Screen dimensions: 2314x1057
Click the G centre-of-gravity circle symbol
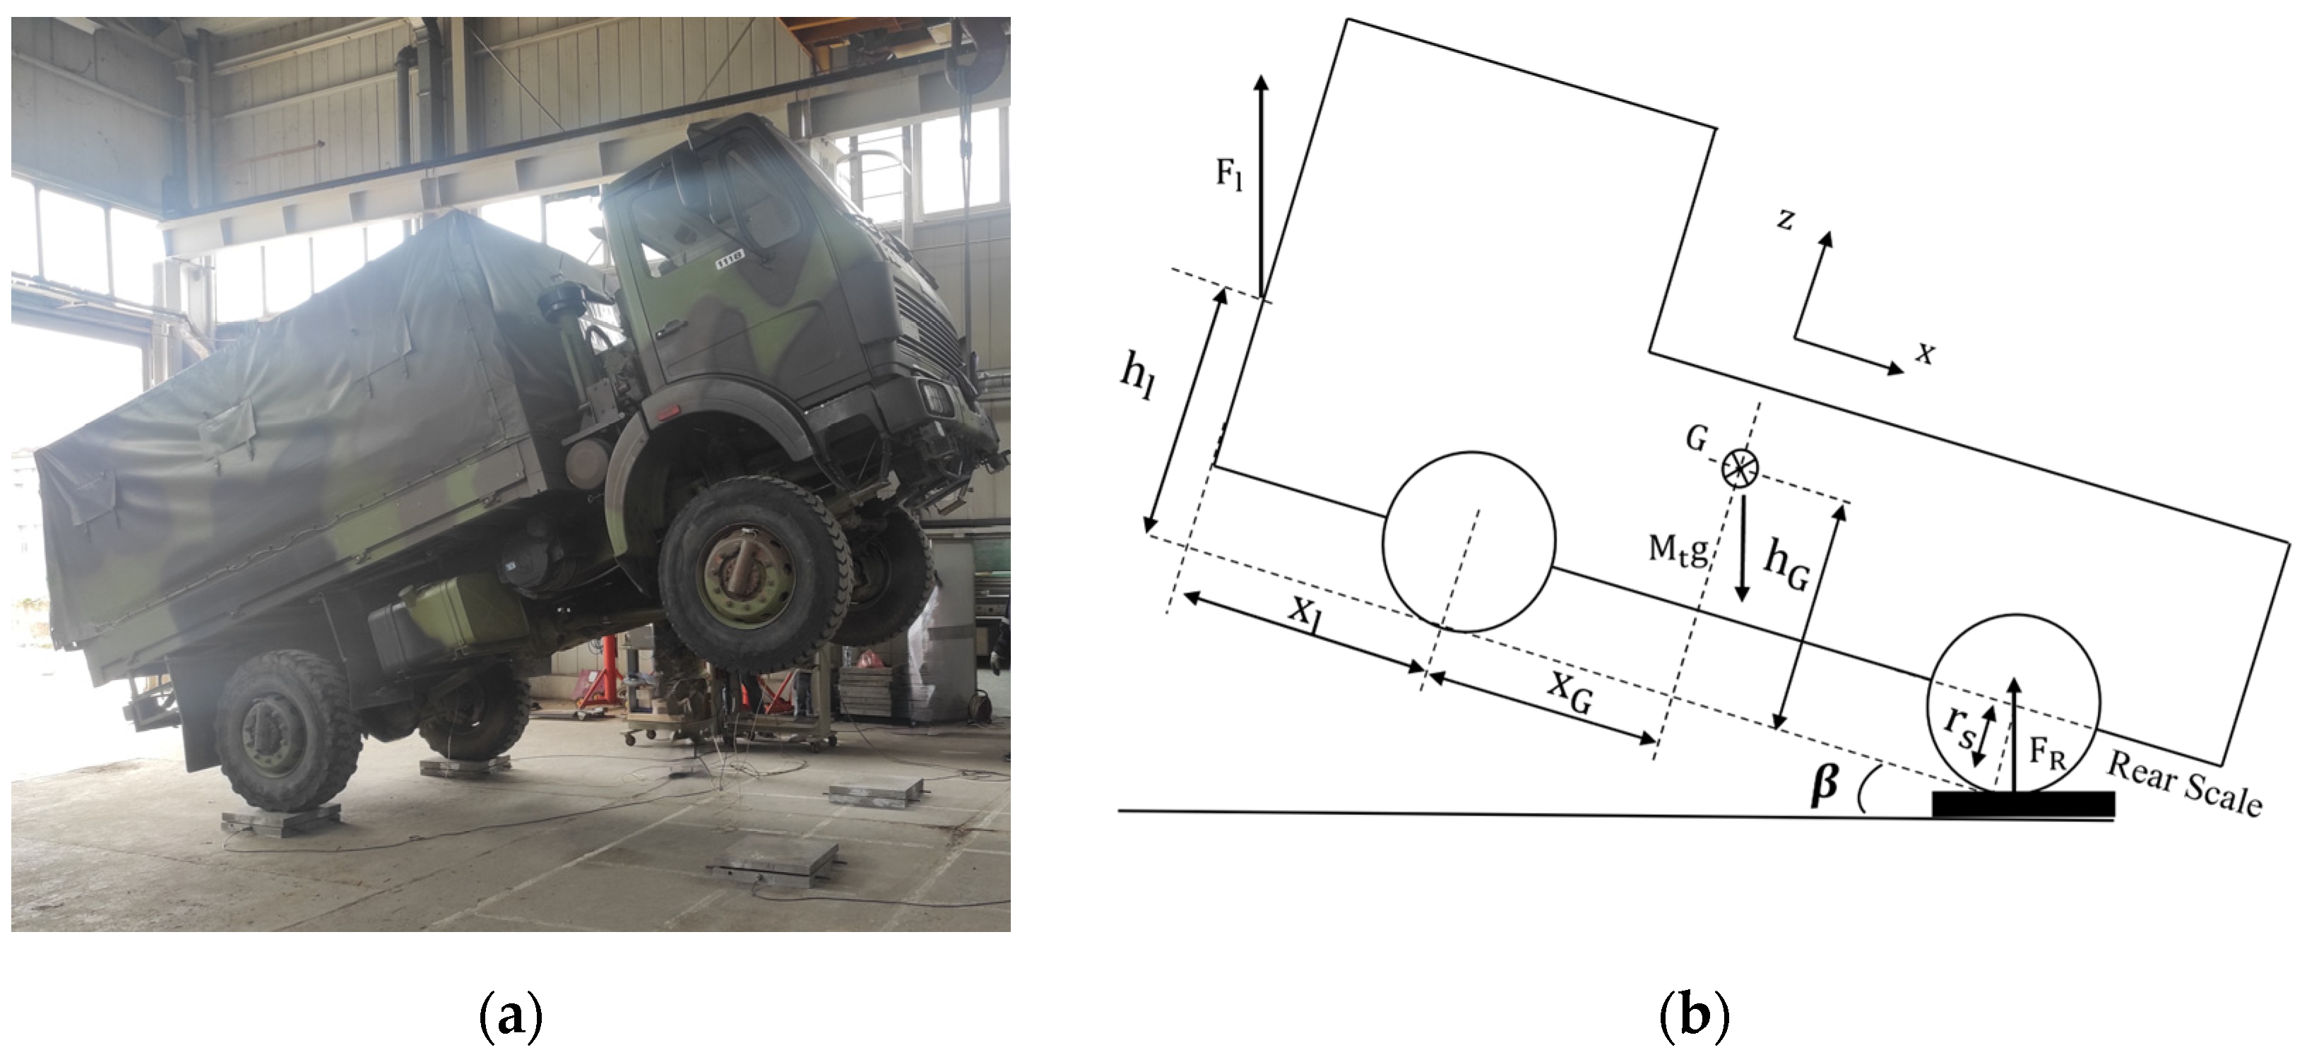tap(1740, 467)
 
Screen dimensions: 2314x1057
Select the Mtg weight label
tap(1677, 549)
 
